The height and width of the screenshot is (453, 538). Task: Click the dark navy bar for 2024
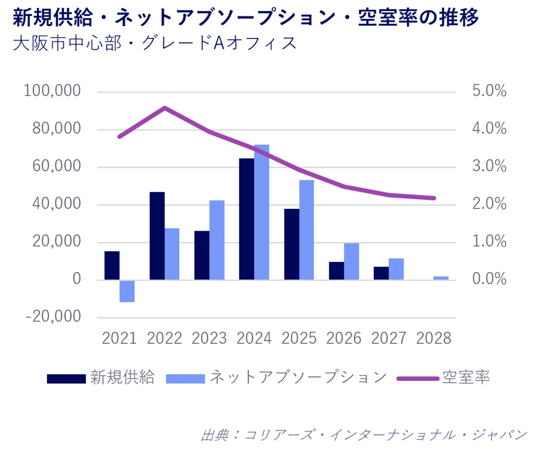click(x=246, y=219)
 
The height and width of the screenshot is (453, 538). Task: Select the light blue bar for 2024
click(x=262, y=212)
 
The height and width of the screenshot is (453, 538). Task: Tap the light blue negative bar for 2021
click(x=127, y=292)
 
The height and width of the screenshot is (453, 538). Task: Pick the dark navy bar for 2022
click(x=156, y=235)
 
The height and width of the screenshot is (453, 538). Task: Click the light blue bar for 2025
click(x=307, y=229)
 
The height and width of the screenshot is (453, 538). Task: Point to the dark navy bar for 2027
click(x=381, y=272)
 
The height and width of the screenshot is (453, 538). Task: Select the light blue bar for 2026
click(x=351, y=262)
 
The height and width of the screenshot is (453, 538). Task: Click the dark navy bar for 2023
click(x=201, y=255)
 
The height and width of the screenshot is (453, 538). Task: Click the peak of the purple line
click(x=165, y=107)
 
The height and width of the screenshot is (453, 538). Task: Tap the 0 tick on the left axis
click(x=79, y=278)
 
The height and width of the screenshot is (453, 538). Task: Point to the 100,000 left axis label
click(x=53, y=91)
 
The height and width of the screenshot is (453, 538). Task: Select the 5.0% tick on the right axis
click(x=489, y=91)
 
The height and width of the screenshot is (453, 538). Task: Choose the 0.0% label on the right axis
click(x=489, y=278)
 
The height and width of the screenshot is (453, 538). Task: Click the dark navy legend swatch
click(x=66, y=378)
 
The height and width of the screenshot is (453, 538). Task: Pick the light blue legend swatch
click(x=186, y=378)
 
